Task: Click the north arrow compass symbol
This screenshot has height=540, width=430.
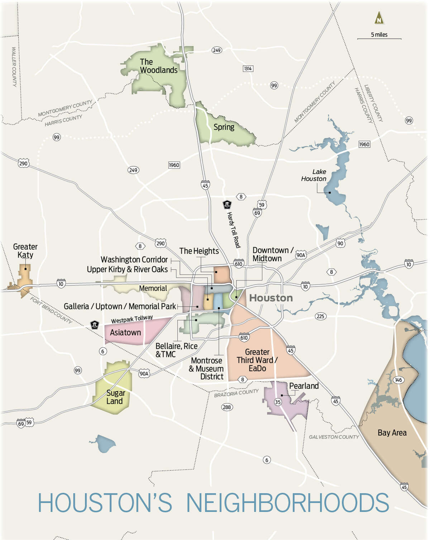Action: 379,18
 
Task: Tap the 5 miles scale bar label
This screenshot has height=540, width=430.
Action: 379,35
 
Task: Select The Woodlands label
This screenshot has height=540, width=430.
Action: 158,66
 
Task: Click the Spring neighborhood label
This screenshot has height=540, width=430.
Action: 224,127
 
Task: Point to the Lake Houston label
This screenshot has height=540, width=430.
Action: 314,175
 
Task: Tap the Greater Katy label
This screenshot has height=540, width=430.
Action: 25,251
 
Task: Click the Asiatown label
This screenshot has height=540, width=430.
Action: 125,333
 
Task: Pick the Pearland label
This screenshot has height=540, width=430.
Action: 304,386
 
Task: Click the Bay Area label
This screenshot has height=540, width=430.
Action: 392,433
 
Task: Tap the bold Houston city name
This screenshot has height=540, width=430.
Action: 271,298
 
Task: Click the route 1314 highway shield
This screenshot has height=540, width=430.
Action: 248,68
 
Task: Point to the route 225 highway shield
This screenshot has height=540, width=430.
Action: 320,316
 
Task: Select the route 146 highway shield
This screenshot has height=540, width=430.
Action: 398,380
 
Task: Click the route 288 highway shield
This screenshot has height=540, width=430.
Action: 227,407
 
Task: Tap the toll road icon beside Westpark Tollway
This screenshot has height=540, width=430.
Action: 95,325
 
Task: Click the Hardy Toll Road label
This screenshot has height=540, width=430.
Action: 233,230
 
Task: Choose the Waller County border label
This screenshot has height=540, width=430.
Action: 14,67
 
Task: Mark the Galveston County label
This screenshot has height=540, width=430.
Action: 334,437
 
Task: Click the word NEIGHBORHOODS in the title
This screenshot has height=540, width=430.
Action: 287,503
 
